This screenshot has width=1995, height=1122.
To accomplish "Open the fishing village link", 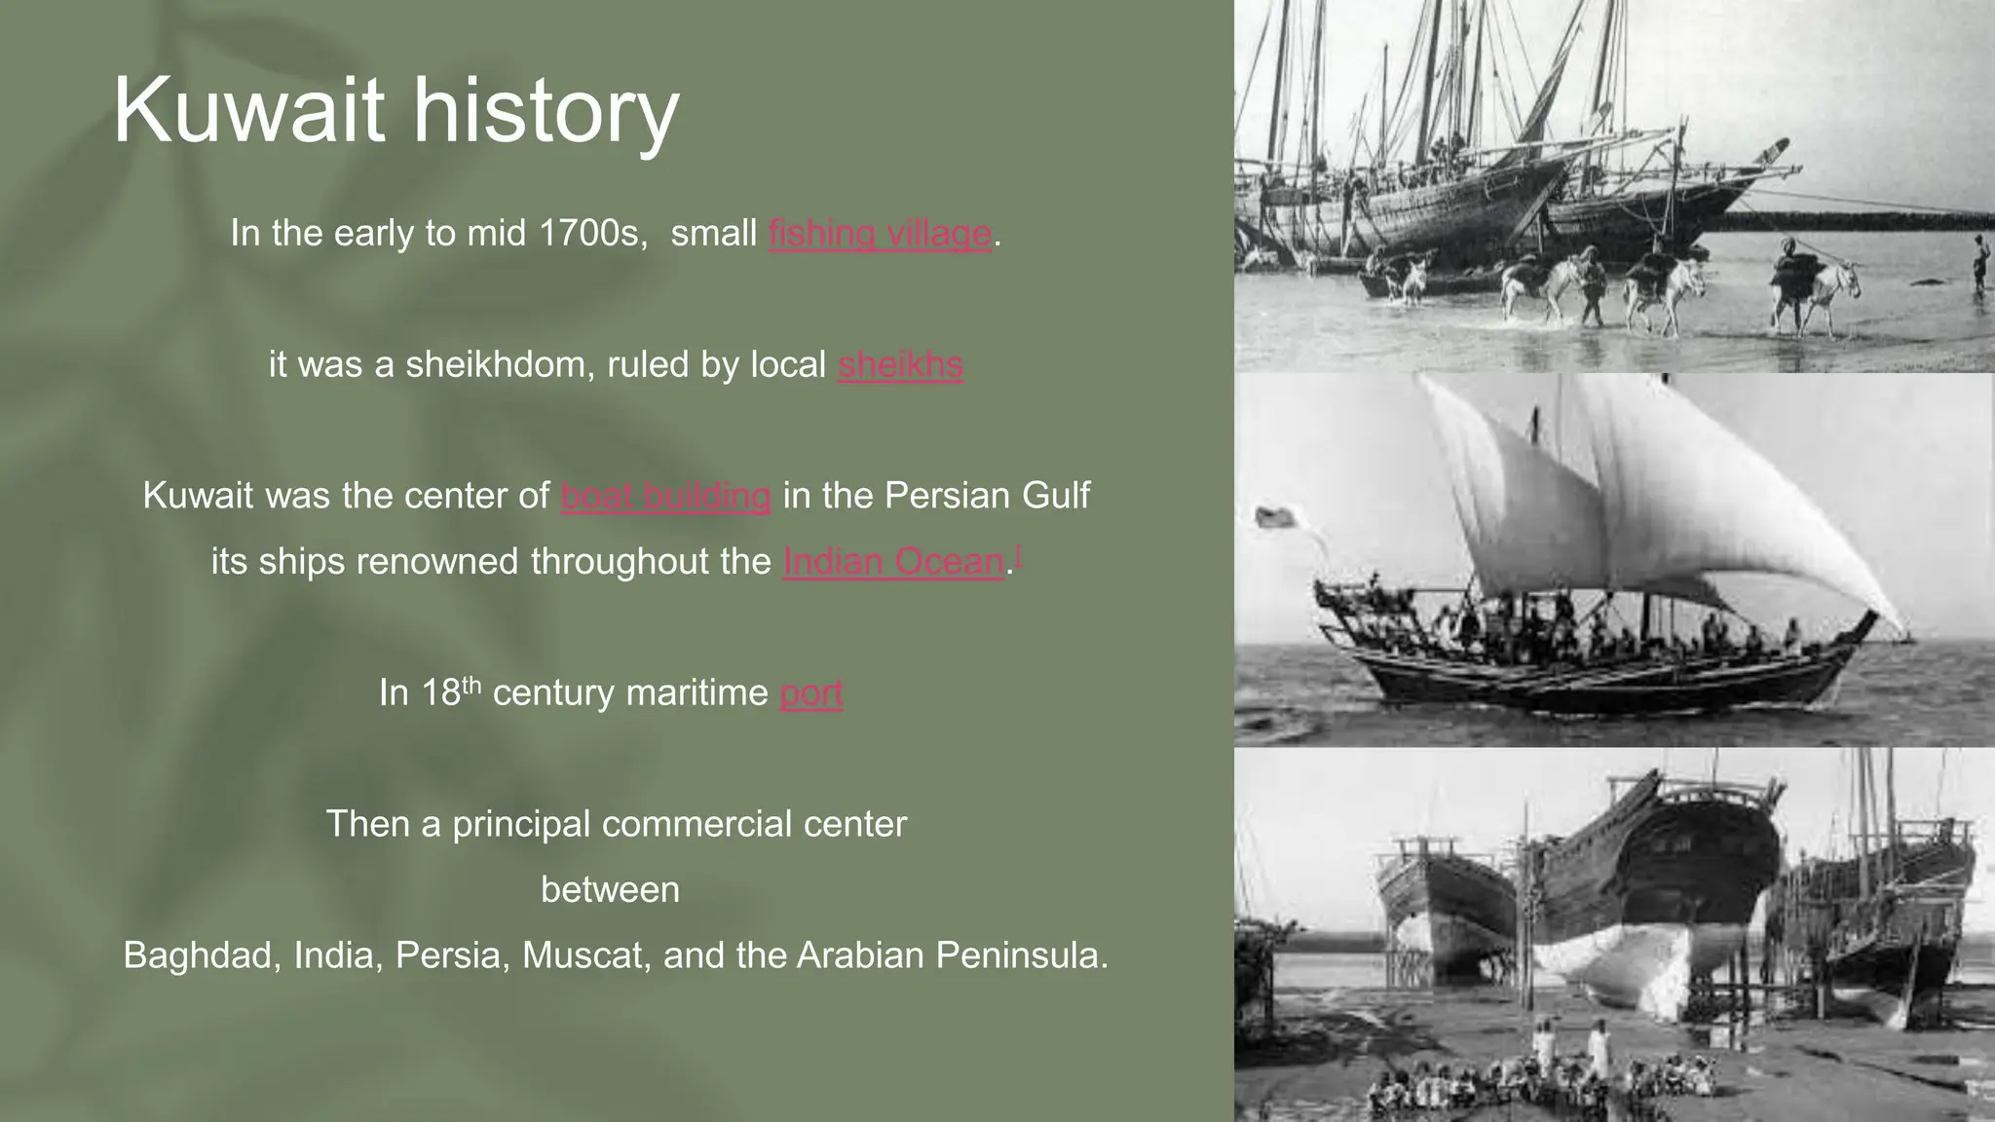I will [x=880, y=234].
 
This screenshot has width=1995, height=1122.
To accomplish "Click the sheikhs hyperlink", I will [x=900, y=364].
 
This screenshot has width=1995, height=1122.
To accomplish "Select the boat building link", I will [x=666, y=496].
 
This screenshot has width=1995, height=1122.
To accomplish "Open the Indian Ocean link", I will [x=893, y=562].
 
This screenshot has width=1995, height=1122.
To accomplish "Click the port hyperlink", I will [x=811, y=692].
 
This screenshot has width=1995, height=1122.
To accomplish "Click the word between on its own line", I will [x=610, y=890].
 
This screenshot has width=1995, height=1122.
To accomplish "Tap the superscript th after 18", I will [x=471, y=684].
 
